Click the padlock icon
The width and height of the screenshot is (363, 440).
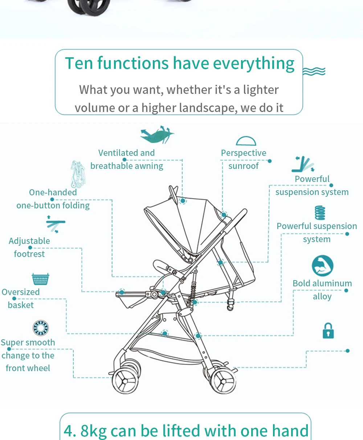pos(328,331)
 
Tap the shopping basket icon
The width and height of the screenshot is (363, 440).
pos(40,279)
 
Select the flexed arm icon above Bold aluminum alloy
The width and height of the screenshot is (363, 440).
pos(322,266)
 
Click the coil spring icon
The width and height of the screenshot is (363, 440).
pos(320,213)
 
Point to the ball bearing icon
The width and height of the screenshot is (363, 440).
pos(40,328)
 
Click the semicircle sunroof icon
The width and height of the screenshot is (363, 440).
pos(246,141)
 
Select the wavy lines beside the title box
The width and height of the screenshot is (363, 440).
pos(314,71)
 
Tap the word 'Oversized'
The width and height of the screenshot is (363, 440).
pos(21,292)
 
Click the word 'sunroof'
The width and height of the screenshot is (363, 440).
pos(243,166)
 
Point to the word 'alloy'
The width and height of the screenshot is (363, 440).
pos(322,296)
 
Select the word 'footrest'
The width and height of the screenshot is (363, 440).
pos(29,254)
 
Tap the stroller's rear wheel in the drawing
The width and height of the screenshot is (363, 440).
pos(223,381)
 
